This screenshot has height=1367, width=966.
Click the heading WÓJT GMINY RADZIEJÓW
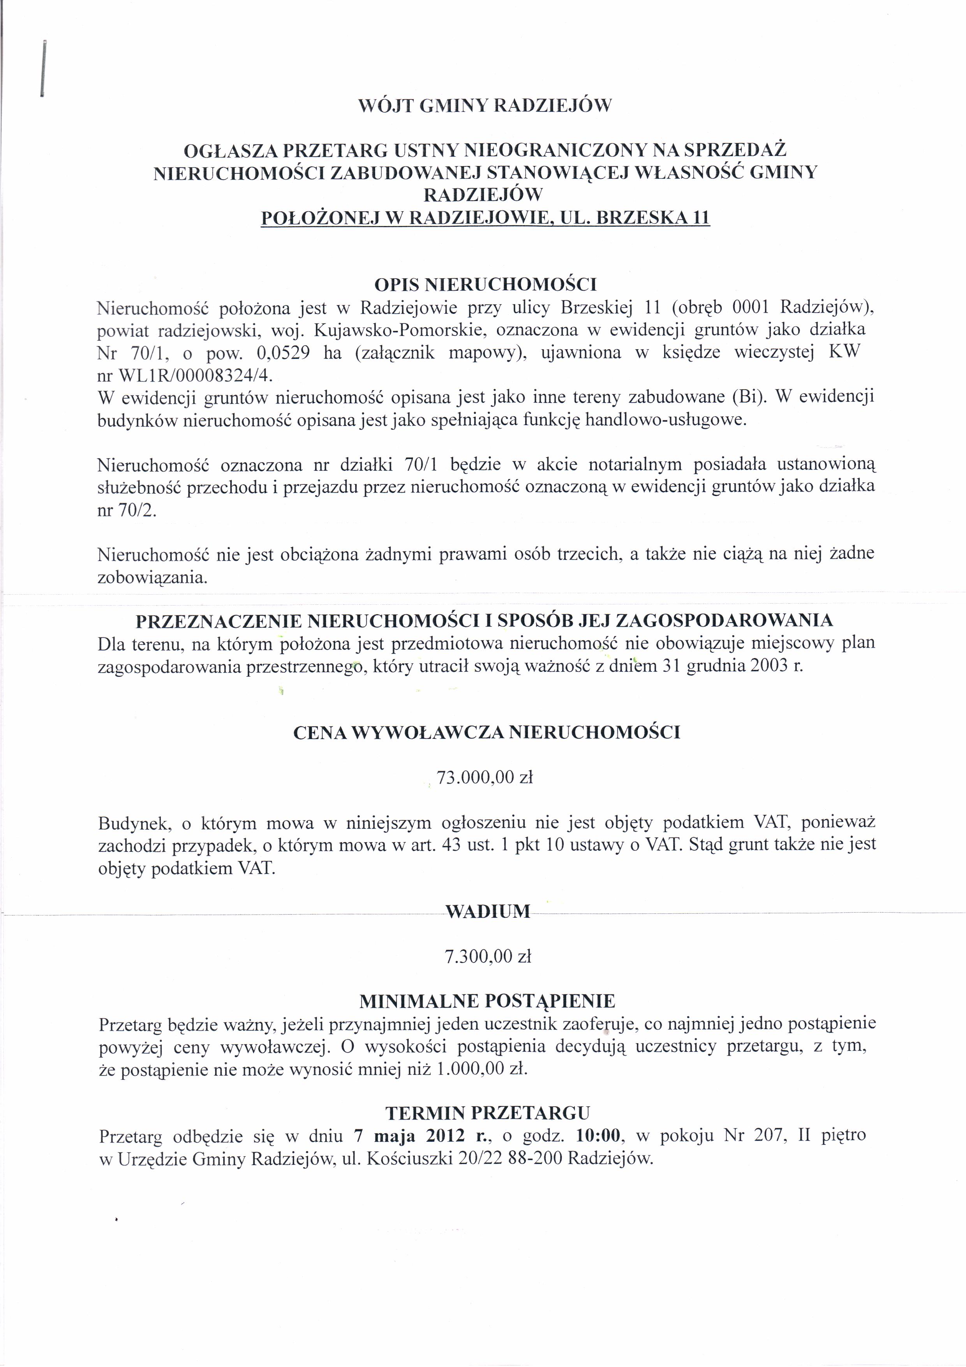[485, 106]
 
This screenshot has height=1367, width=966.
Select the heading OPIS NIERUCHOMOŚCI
[485, 284]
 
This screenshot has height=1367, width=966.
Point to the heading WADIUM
[487, 911]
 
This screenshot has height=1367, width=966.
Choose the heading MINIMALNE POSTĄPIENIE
[487, 1001]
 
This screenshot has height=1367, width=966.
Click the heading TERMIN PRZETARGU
[487, 1113]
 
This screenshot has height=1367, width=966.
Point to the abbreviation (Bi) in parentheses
[747, 397]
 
